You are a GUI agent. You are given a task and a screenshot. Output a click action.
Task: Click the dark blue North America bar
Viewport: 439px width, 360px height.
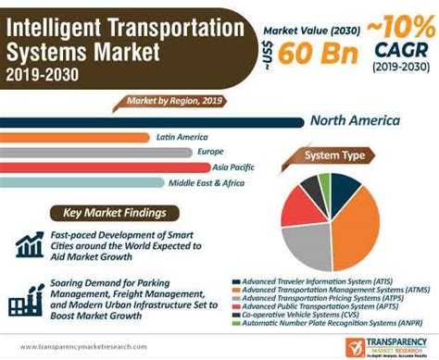tap(148, 120)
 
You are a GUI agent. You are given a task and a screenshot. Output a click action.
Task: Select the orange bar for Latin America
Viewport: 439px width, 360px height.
tap(74, 137)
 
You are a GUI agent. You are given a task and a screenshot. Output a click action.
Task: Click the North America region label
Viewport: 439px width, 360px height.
tap(355, 120)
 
